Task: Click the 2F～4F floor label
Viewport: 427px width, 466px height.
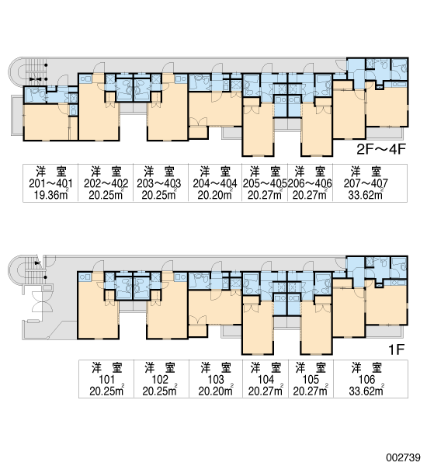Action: tap(381, 149)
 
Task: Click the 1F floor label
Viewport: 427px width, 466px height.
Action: tap(397, 350)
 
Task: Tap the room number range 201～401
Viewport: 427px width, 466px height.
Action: tap(50, 183)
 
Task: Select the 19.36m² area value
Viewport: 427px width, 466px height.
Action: tap(50, 195)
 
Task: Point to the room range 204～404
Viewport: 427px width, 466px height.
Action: tap(215, 183)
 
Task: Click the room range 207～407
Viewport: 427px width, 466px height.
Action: tap(366, 183)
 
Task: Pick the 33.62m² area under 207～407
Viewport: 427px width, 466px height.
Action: tap(366, 195)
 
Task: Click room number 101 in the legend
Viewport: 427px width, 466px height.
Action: tap(106, 380)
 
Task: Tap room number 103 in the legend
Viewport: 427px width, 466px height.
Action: tap(216, 380)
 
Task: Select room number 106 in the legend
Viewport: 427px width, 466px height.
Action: tap(366, 380)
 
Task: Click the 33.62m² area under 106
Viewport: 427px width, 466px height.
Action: tap(366, 391)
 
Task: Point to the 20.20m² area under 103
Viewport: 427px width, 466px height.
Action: tap(216, 391)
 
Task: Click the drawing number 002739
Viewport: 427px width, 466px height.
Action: tap(403, 457)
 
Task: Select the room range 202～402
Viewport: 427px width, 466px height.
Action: tap(106, 183)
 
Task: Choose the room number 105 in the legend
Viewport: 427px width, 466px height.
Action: tap(311, 380)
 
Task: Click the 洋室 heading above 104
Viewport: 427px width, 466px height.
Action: tap(266, 368)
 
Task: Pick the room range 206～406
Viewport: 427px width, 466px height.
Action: tap(310, 183)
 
